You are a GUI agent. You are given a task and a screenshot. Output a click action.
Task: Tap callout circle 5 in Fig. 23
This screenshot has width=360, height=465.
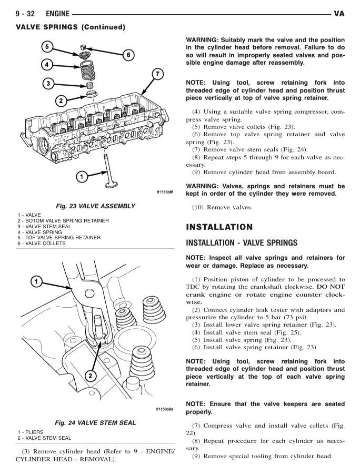47,47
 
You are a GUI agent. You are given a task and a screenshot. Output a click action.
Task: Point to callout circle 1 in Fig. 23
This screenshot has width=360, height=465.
82,177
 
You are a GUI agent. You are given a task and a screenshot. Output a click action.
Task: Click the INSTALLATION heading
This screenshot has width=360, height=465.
219,227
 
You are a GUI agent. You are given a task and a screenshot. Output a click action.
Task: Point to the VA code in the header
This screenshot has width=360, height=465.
339,14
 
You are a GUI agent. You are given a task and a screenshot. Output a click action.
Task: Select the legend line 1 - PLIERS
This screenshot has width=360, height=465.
31,432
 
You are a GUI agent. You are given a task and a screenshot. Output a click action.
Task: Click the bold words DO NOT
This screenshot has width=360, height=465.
331,287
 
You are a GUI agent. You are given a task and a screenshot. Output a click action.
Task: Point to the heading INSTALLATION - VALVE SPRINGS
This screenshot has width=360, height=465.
242,243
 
